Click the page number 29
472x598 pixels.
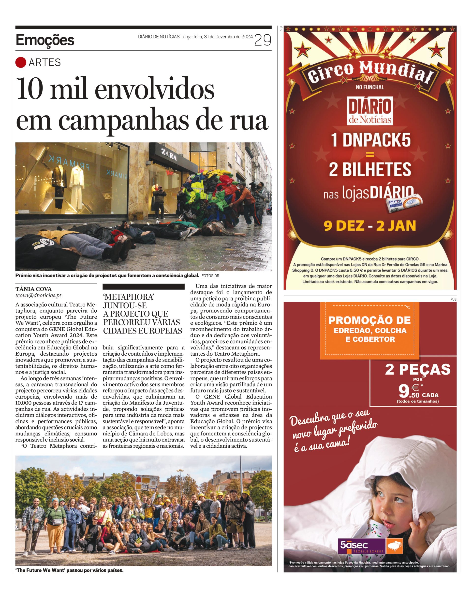coord(263,40)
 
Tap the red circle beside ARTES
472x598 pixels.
coord(21,62)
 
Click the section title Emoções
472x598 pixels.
coord(45,40)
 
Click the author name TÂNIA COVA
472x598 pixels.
coord(33,289)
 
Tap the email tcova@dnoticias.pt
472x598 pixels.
coord(38,295)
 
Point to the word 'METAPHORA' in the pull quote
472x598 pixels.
coord(129,297)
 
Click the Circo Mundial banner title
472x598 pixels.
coord(370,72)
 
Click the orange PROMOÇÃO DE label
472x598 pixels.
coord(369,320)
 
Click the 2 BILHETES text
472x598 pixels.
coord(370,169)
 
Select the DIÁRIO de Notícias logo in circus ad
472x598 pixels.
coord(370,111)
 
